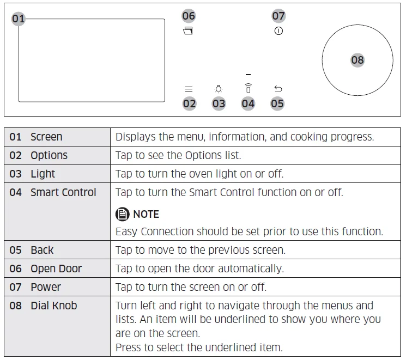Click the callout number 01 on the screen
(19, 19)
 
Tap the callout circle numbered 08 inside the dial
(357, 60)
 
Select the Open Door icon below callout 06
(189, 32)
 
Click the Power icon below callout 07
(278, 32)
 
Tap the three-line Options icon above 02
(189, 89)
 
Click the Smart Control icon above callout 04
(248, 88)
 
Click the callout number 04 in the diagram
(248, 103)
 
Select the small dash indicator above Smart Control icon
(248, 74)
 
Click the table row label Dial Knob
(54, 306)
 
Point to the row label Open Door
(56, 269)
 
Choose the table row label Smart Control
(63, 192)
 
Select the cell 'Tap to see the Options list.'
(178, 155)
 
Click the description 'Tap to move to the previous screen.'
(201, 250)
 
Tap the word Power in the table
(46, 287)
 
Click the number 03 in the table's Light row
(16, 174)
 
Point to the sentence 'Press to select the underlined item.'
(199, 347)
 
